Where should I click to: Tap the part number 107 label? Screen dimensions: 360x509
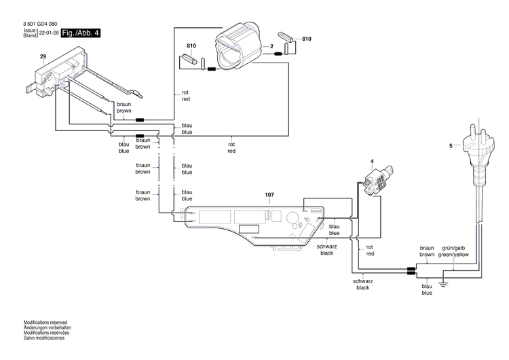coord(269,195)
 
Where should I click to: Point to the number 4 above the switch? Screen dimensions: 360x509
coord(372,161)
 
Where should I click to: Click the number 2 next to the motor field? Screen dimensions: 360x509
coord(271,46)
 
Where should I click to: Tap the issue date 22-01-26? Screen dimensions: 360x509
coord(48,33)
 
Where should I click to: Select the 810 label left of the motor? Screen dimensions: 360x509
coord(191,46)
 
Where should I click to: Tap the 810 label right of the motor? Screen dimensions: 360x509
coord(307,40)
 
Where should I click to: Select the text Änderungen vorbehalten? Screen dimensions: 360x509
coord(48,327)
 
